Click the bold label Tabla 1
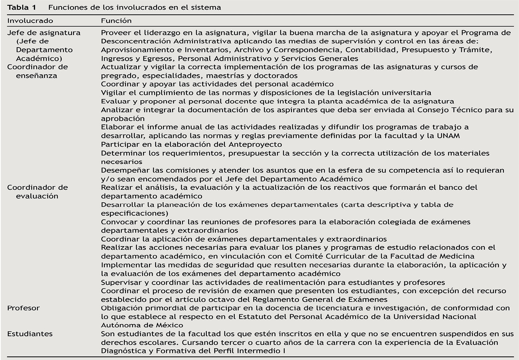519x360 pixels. pyautogui.click(x=21, y=8)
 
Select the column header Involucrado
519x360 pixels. pyautogui.click(x=30, y=21)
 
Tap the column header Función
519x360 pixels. pyautogui.click(x=116, y=21)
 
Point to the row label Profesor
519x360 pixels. pyautogui.click(x=23, y=308)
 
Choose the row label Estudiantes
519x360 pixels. pyautogui.click(x=30, y=334)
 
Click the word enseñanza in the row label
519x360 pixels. pyautogui.click(x=37, y=75)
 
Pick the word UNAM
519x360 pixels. pyautogui.click(x=448, y=136)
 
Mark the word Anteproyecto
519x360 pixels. pyautogui.click(x=255, y=144)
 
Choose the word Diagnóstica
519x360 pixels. pyautogui.click(x=123, y=351)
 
